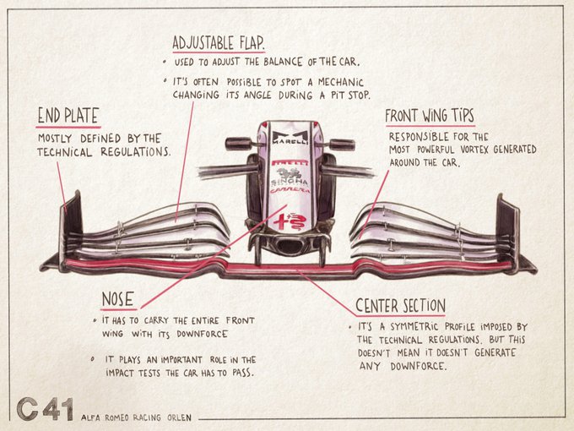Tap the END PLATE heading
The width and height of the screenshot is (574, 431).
68,117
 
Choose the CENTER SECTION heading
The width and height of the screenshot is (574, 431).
400,305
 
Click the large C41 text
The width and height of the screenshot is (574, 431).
45,409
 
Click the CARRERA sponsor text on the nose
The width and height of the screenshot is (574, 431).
290,191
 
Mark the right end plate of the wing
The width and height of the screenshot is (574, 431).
508,226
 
